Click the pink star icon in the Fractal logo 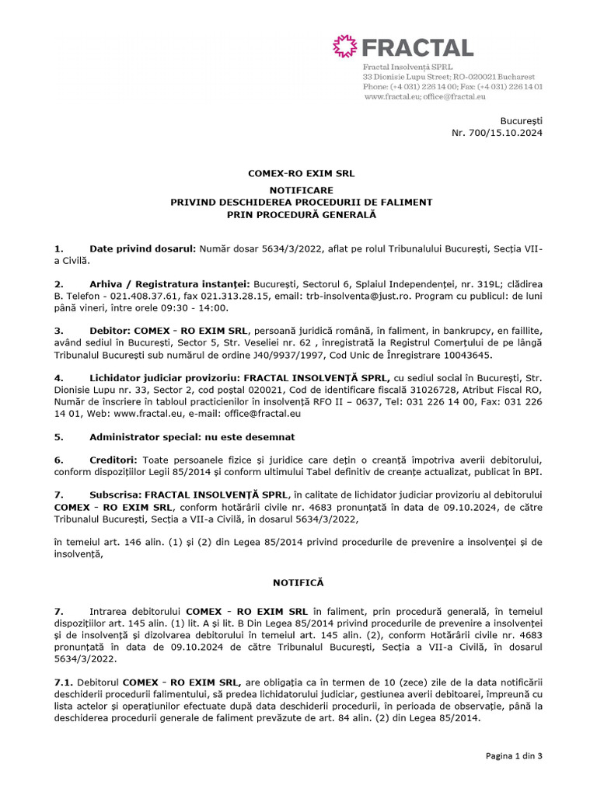344,47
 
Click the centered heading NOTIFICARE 302,189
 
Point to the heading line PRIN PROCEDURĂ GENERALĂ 302,214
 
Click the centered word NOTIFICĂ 298,581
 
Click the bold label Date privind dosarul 143,248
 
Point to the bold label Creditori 114,460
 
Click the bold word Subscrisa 115,495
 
